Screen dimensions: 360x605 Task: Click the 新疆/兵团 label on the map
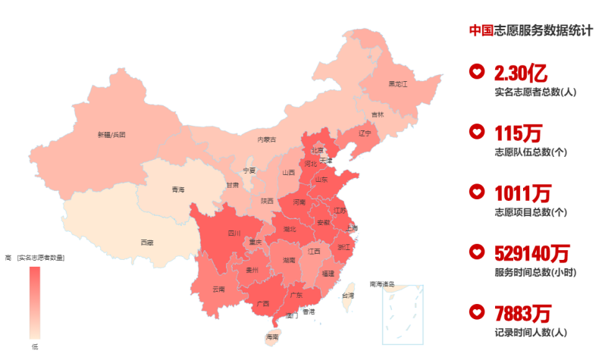coord(111,135)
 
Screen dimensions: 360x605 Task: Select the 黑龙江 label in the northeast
coord(398,84)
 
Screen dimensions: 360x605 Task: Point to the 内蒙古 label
coord(267,139)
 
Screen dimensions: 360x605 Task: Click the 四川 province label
coord(234,233)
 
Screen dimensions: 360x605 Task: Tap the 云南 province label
coord(218,289)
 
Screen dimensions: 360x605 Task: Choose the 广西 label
coord(263,303)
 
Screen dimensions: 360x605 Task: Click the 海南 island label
coord(272,336)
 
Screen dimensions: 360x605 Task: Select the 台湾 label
coord(347,296)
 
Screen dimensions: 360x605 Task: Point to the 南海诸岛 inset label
coord(382,285)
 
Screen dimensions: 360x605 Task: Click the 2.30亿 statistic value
coord(520,73)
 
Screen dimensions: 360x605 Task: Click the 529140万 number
coord(531,252)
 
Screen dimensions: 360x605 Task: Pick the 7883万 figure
coord(522,312)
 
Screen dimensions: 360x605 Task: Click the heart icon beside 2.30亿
coord(477,72)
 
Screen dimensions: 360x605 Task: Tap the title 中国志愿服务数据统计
coord(530,30)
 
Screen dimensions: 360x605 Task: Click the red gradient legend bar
coord(35,302)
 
